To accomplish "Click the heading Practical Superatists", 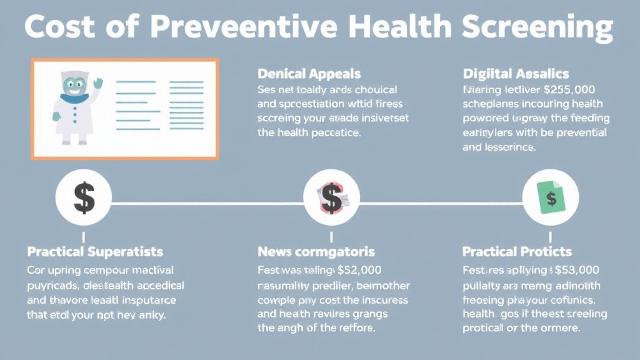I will [x=95, y=252].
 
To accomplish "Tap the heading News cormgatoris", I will [x=316, y=252].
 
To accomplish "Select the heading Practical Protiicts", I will [x=517, y=252].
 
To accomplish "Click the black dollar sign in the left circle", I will [x=84, y=199].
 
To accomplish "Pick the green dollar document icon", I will [x=551, y=199].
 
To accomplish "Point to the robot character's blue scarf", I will [x=74, y=98].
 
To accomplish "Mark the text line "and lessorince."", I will [x=499, y=148].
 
